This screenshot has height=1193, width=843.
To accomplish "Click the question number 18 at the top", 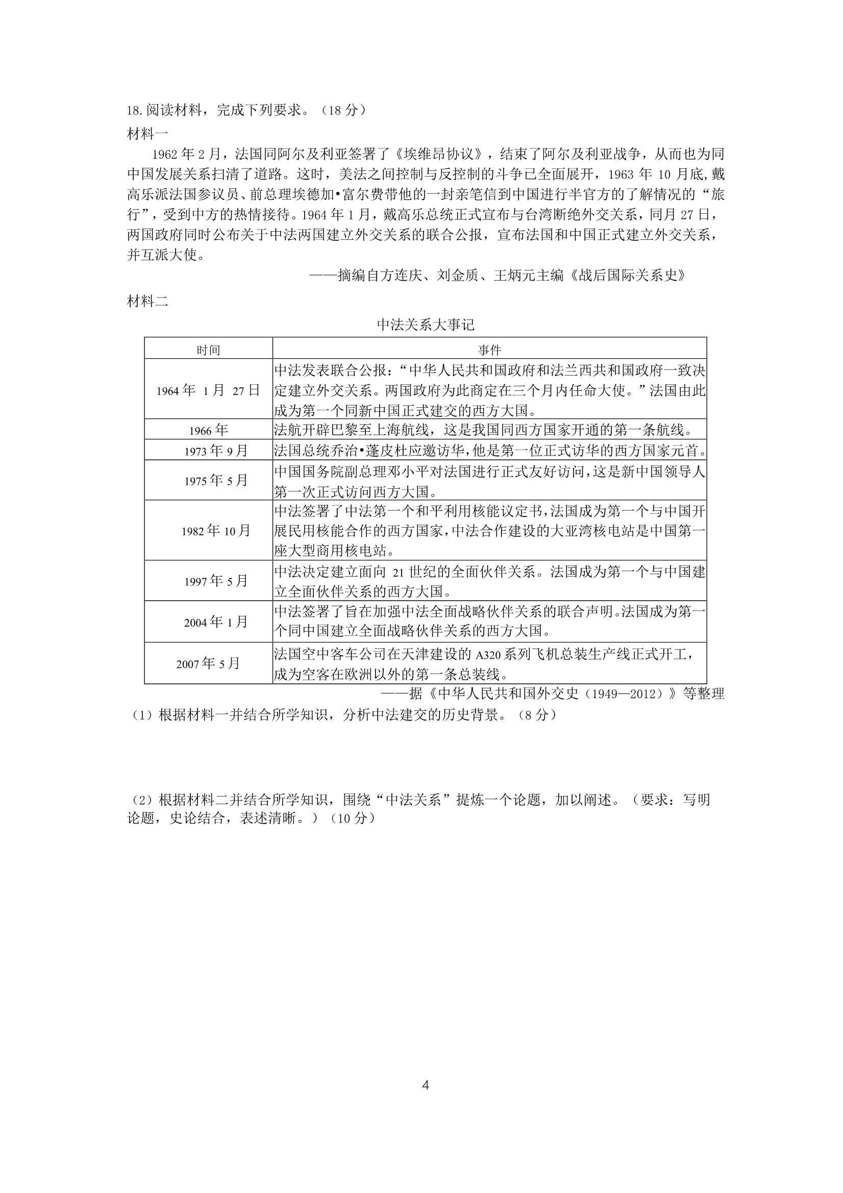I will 134,111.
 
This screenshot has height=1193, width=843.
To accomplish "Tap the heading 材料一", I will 147,134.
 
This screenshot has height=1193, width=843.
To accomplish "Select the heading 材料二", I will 147,302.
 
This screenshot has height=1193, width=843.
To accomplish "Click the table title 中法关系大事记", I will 425,325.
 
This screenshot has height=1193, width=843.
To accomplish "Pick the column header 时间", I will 208,350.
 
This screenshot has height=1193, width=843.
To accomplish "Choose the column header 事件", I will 489,350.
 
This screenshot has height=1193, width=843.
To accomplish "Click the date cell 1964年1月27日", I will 208,390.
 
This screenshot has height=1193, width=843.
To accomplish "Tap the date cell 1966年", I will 208,430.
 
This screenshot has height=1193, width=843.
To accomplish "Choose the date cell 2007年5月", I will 208,663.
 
